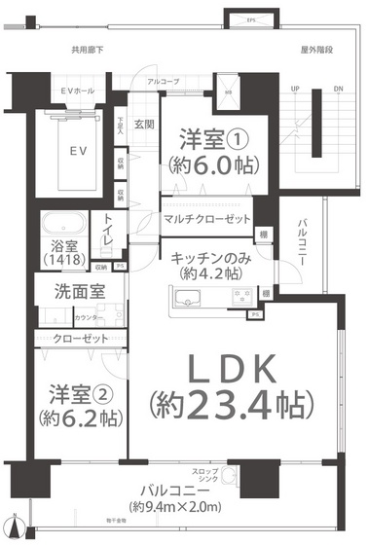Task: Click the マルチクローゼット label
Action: click(207, 219)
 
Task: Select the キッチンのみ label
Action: click(206, 258)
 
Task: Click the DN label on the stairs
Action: click(337, 89)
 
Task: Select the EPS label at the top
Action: click(250, 18)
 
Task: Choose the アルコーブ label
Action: click(163, 83)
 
